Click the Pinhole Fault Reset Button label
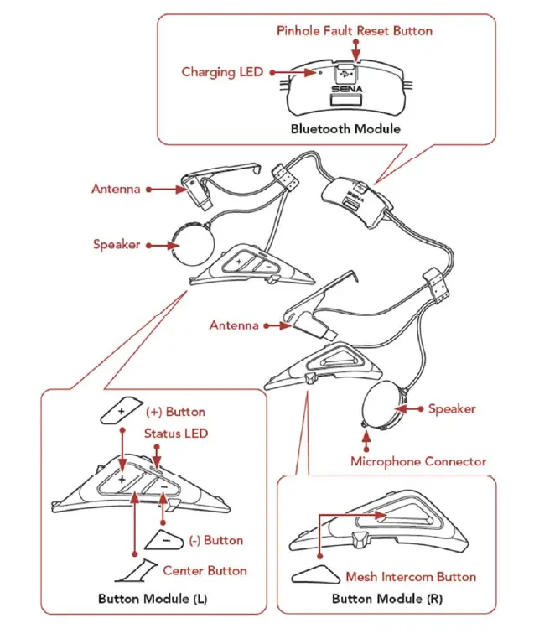[x=355, y=31]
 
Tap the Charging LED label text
[x=222, y=72]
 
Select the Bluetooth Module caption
[x=345, y=128]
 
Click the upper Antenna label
[x=116, y=190]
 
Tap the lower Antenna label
[x=234, y=325]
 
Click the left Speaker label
[x=117, y=245]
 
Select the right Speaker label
[x=452, y=409]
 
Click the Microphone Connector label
[x=417, y=461]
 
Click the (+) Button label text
[x=175, y=412]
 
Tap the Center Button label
[x=205, y=570]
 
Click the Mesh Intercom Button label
[x=411, y=577]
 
